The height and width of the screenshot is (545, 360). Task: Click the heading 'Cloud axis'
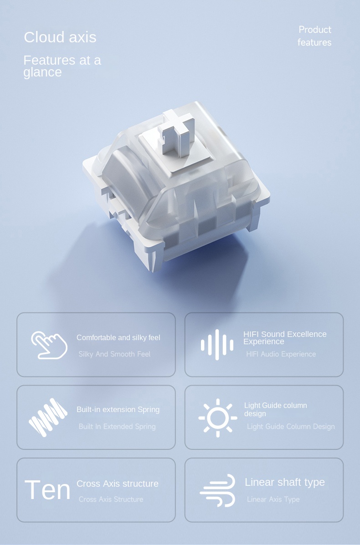click(x=60, y=37)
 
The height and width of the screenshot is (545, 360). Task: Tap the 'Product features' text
click(x=314, y=36)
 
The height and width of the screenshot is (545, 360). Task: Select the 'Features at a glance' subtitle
click(x=62, y=66)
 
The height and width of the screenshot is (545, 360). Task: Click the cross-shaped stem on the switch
click(x=175, y=135)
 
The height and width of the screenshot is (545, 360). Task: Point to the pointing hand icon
click(x=49, y=345)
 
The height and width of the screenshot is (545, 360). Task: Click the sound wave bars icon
click(x=217, y=345)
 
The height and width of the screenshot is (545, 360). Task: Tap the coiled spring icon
click(x=48, y=417)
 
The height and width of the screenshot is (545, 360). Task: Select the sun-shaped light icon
click(x=217, y=418)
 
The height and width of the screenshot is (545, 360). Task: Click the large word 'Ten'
click(x=47, y=490)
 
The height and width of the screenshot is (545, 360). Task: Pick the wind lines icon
click(x=217, y=490)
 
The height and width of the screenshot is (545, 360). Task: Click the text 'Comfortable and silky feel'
click(x=118, y=338)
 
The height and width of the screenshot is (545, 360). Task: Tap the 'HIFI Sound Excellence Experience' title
click(x=285, y=337)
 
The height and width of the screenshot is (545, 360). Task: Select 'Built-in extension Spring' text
click(x=118, y=410)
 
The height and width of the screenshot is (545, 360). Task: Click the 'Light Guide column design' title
click(x=275, y=409)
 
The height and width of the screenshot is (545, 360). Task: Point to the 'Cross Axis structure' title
click(x=118, y=484)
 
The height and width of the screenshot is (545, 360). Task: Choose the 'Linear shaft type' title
click(x=285, y=482)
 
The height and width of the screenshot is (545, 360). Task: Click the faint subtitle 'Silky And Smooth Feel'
click(x=114, y=354)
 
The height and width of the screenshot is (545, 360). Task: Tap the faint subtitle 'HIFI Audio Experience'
click(x=281, y=354)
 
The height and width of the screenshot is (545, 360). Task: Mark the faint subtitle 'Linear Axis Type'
click(x=273, y=499)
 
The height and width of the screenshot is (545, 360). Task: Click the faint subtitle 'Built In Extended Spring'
click(x=117, y=427)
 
